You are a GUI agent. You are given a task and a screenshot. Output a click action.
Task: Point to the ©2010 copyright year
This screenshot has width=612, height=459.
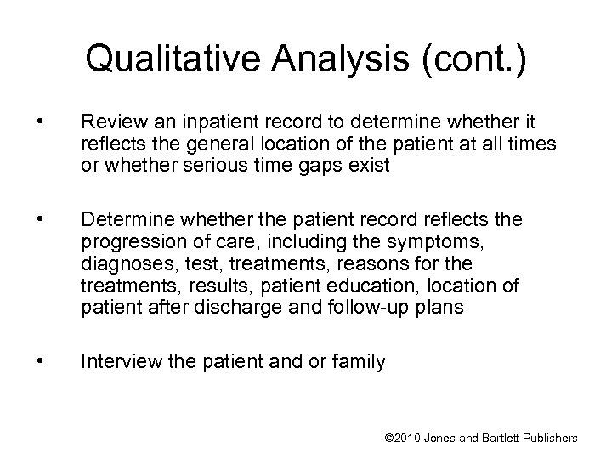406,438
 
